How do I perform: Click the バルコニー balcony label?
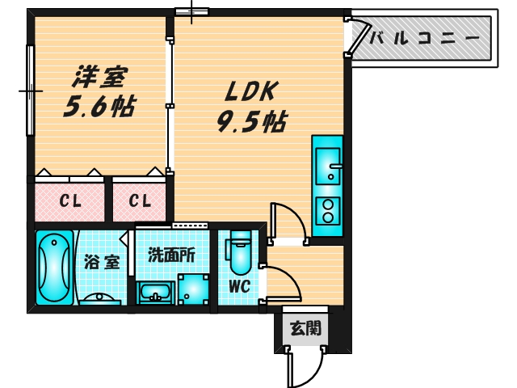click(x=425, y=37)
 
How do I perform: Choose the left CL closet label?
click(x=71, y=201)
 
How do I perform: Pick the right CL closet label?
click(x=140, y=201)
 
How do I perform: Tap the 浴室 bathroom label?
click(x=102, y=262)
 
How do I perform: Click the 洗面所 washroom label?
click(x=171, y=253)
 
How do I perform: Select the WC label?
click(x=238, y=286)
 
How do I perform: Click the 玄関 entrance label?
click(x=306, y=328)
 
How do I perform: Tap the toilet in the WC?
click(x=240, y=253)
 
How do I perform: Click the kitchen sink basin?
click(x=327, y=165)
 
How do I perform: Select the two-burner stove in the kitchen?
click(x=327, y=211)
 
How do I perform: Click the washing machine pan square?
click(x=193, y=289)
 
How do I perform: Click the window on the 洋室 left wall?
click(x=31, y=91)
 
